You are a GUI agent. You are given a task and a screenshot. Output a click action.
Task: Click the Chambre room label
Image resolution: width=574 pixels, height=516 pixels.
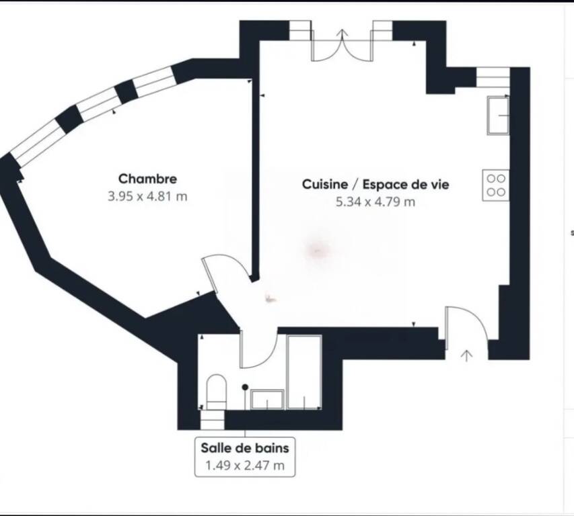tap(147, 179)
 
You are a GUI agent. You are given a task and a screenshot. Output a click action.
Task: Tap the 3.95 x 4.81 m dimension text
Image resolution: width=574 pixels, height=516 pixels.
tap(147, 197)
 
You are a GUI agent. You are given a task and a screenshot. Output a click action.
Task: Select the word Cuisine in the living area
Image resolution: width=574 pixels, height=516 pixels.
tap(325, 184)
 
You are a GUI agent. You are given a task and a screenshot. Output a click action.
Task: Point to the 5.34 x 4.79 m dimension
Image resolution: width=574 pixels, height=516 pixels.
tap(375, 202)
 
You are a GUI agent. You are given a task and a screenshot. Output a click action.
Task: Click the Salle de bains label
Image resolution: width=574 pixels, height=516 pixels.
tap(245, 447)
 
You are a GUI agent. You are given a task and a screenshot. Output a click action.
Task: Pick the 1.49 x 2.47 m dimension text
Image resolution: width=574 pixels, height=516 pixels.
tap(245, 466)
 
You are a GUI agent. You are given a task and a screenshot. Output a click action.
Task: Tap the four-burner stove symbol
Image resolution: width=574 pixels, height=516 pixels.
tap(496, 185)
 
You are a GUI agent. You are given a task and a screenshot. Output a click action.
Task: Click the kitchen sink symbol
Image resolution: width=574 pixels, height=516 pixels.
tap(498, 115)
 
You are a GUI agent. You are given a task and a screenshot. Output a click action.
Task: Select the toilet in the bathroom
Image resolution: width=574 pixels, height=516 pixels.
tap(216, 392)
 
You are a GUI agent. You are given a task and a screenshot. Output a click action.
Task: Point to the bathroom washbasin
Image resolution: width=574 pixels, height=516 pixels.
tap(267, 399)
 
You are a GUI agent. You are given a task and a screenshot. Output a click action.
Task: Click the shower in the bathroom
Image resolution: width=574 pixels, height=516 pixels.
tap(305, 372)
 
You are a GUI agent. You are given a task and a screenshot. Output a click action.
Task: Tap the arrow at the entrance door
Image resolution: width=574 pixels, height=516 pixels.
tap(466, 355)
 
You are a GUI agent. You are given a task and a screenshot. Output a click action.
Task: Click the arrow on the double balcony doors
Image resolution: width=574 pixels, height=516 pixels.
tap(343, 35)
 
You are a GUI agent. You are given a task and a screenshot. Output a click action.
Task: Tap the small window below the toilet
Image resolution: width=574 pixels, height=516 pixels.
tap(213, 419)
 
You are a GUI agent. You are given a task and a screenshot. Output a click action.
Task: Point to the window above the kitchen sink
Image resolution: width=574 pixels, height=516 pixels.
tap(493, 77)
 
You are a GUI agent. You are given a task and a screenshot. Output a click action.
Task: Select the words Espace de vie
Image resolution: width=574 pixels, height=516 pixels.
tap(406, 184)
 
